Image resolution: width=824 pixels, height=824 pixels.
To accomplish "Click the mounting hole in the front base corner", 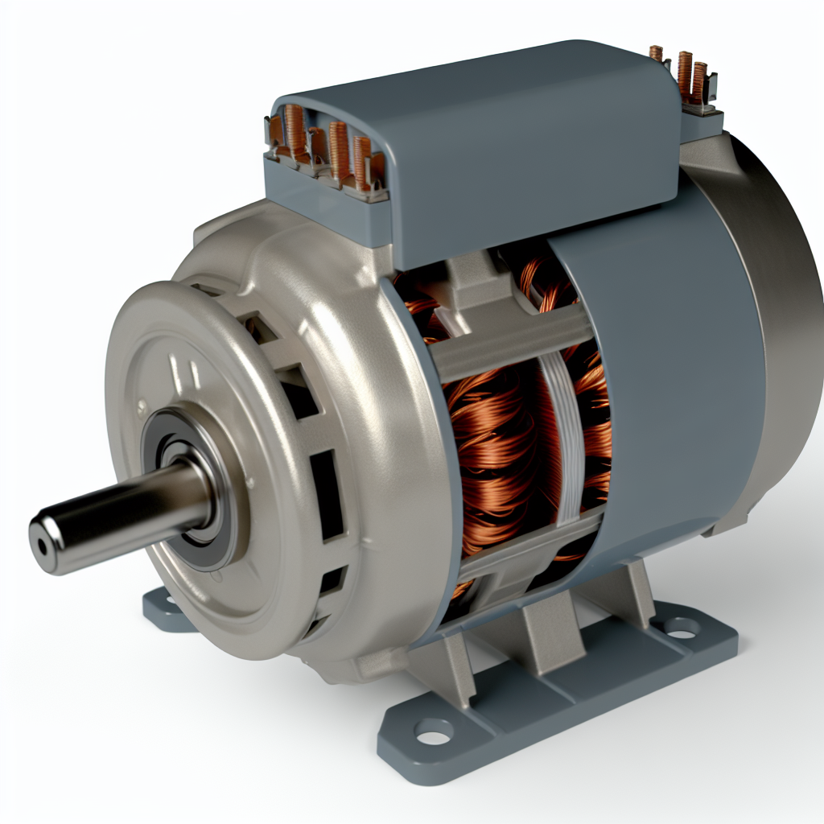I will coord(434,733).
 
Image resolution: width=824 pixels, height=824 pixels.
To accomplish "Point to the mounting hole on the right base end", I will coord(683,627).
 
